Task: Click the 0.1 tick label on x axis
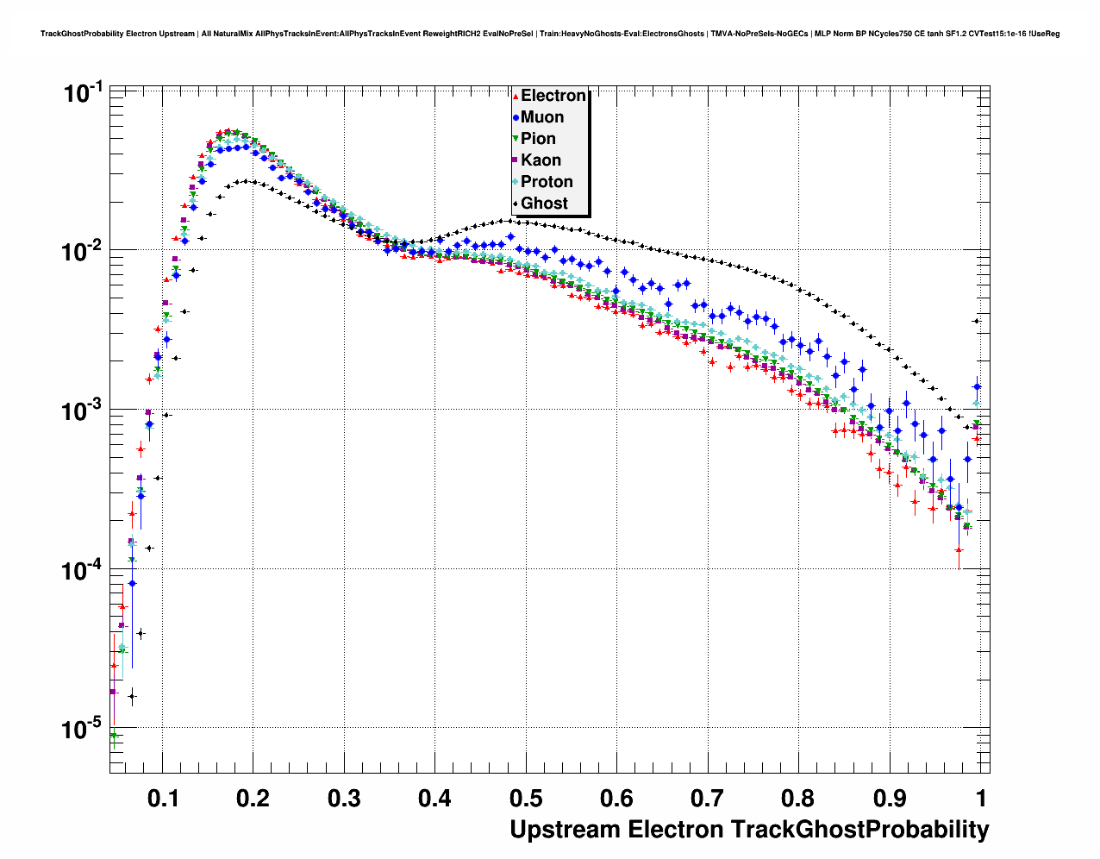coord(163,799)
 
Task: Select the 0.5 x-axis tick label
coord(525,799)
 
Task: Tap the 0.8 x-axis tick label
coord(798,799)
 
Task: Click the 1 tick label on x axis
coord(981,799)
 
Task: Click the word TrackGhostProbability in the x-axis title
coord(859,830)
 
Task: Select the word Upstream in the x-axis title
coord(565,830)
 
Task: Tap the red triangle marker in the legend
coord(516,96)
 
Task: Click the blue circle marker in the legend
coord(516,117)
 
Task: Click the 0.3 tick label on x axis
coord(344,799)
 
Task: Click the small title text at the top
coord(550,34)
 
